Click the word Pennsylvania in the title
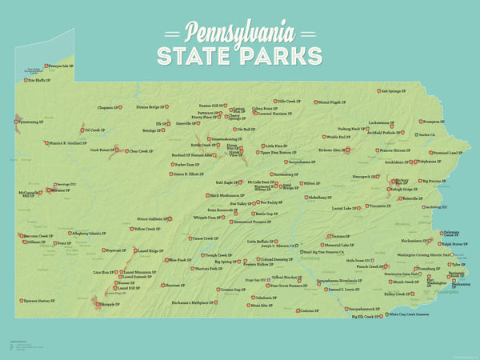(x=240, y=32)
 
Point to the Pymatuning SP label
(x=30, y=122)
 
